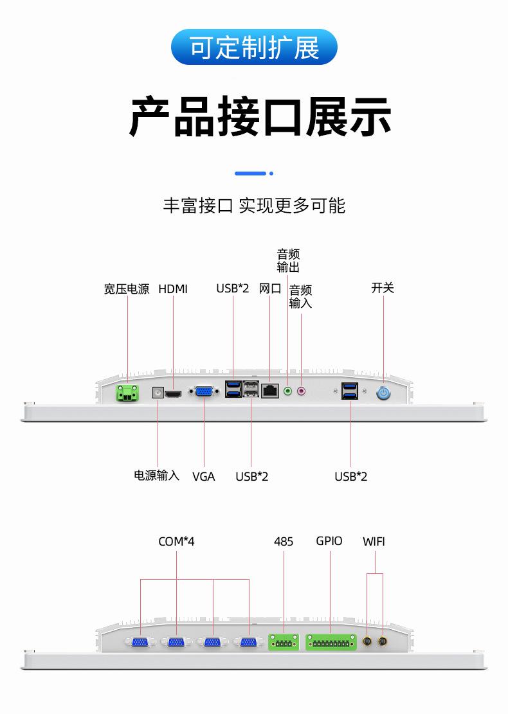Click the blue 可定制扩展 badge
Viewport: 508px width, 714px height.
tap(254, 47)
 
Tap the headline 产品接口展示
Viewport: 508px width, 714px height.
tap(260, 117)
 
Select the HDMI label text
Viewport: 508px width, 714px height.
tap(173, 289)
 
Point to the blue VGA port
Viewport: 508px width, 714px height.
tap(204, 391)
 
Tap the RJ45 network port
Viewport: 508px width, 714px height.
tap(270, 391)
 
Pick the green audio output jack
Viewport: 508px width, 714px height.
tap(288, 390)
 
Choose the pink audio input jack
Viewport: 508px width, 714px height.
tap(301, 390)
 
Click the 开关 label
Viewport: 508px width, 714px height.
tap(383, 288)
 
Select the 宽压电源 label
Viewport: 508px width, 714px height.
tap(127, 289)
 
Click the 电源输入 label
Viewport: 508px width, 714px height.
tap(156, 476)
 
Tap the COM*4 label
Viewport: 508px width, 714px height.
tap(176, 542)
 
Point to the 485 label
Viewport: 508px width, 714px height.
tap(284, 542)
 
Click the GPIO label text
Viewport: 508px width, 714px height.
tap(329, 541)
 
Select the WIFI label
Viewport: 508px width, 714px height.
tap(374, 542)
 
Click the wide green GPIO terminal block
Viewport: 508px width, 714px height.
tap(331, 641)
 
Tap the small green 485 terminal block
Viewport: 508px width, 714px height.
tap(284, 641)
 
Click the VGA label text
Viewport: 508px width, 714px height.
tap(204, 476)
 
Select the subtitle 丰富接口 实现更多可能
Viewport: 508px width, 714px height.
tap(254, 206)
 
